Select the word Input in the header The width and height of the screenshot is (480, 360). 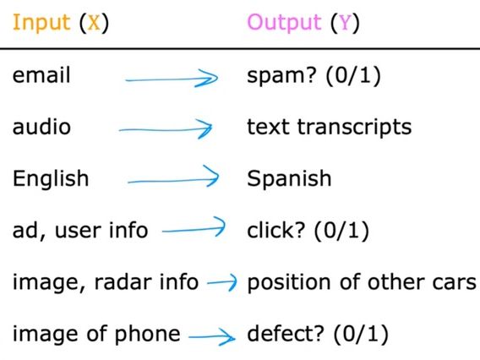tap(39, 23)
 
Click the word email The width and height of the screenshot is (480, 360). tap(41, 75)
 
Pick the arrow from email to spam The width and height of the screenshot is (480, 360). tap(173, 79)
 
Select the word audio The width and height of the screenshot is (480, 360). tap(41, 127)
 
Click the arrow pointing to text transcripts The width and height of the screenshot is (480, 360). tap(166, 129)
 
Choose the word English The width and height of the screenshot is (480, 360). tap(50, 179)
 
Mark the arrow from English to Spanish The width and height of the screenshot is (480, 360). tap(173, 179)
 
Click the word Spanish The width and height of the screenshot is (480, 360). tap(289, 179)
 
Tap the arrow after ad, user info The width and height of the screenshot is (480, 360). tap(194, 228)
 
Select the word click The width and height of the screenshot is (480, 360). tap(269, 230)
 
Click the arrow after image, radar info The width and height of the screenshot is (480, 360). tap(222, 283)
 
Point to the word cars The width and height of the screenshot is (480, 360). tap(457, 281)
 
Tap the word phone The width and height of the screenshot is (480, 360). tap(152, 334)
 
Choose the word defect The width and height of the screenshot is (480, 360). tap(276, 334)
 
